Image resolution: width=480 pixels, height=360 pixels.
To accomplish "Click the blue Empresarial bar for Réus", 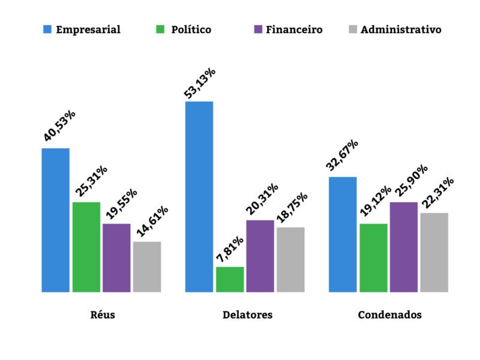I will click(55, 220).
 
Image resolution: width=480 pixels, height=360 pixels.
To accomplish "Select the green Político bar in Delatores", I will click(230, 280).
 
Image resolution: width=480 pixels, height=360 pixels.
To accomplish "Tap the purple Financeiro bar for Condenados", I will click(404, 247).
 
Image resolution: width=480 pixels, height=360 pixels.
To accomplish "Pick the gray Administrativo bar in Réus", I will click(147, 267).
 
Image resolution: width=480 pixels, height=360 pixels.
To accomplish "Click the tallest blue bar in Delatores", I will click(199, 197).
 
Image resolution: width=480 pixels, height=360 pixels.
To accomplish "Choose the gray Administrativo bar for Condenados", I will click(434, 253).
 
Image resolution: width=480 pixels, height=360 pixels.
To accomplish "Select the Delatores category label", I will click(247, 315).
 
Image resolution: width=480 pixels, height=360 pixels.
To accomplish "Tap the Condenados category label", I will click(389, 315).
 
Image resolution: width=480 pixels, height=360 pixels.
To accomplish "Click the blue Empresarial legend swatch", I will click(47, 29).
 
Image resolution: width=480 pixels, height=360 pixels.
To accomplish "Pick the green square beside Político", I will click(158, 29).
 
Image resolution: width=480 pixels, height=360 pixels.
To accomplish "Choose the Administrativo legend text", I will click(401, 29).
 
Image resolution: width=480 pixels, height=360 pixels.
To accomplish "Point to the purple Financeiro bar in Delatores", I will click(260, 256).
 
